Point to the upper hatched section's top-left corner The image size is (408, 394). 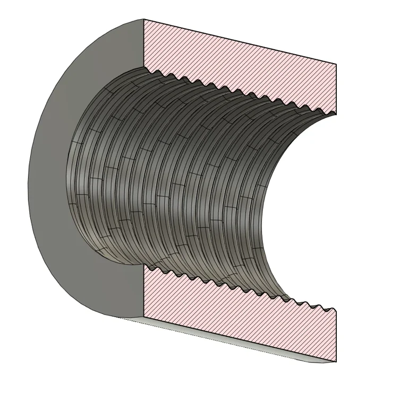(x=144, y=20)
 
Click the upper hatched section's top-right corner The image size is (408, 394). (x=336, y=64)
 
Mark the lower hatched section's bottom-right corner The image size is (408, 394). (x=336, y=363)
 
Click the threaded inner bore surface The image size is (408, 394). (x=175, y=175)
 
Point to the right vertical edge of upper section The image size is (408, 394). (x=336, y=88)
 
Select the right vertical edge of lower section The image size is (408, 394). (x=336, y=336)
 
